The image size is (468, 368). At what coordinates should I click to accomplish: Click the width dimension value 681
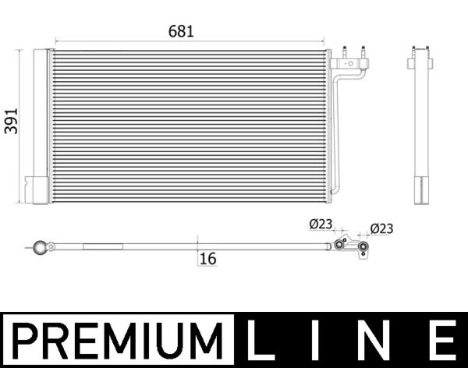(x=180, y=31)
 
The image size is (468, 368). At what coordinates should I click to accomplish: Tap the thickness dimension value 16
(x=207, y=259)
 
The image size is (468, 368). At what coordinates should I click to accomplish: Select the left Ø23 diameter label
(x=321, y=225)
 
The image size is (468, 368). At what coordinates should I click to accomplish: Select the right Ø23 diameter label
(x=381, y=228)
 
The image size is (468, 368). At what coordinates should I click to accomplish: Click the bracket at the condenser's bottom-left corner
(x=37, y=189)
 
